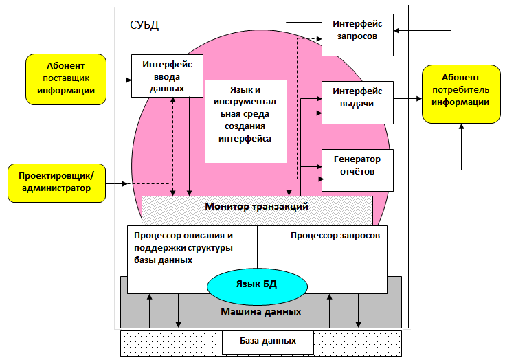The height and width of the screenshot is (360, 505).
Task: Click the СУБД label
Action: tap(144, 25)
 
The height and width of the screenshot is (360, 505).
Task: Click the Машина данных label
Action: tap(260, 311)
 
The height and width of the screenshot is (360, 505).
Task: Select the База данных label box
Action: tap(268, 341)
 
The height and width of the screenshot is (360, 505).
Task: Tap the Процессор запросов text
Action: tap(335, 235)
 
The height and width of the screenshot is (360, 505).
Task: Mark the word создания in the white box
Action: tap(245, 126)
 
